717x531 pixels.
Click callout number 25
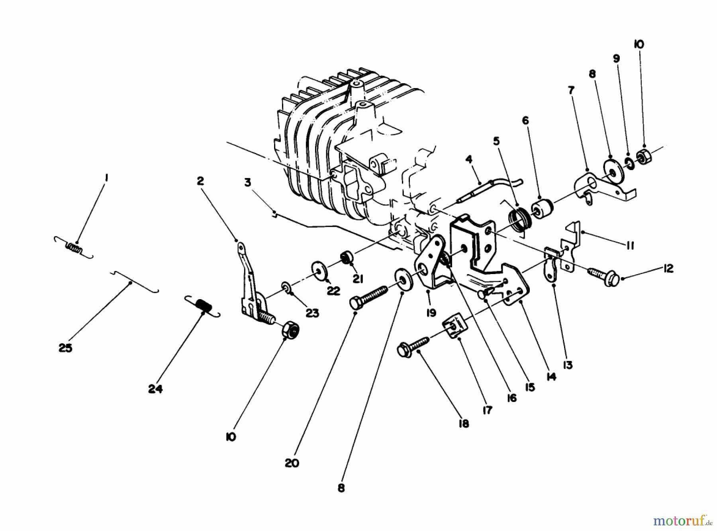coord(65,348)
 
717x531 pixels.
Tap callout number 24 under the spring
coord(155,389)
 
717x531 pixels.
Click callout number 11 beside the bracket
coord(630,246)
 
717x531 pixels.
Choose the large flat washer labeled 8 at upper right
coord(609,165)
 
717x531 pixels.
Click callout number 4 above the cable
coord(468,159)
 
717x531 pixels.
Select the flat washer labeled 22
coord(319,270)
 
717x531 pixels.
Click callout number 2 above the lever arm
coord(200,181)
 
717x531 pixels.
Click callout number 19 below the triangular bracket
coord(431,313)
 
